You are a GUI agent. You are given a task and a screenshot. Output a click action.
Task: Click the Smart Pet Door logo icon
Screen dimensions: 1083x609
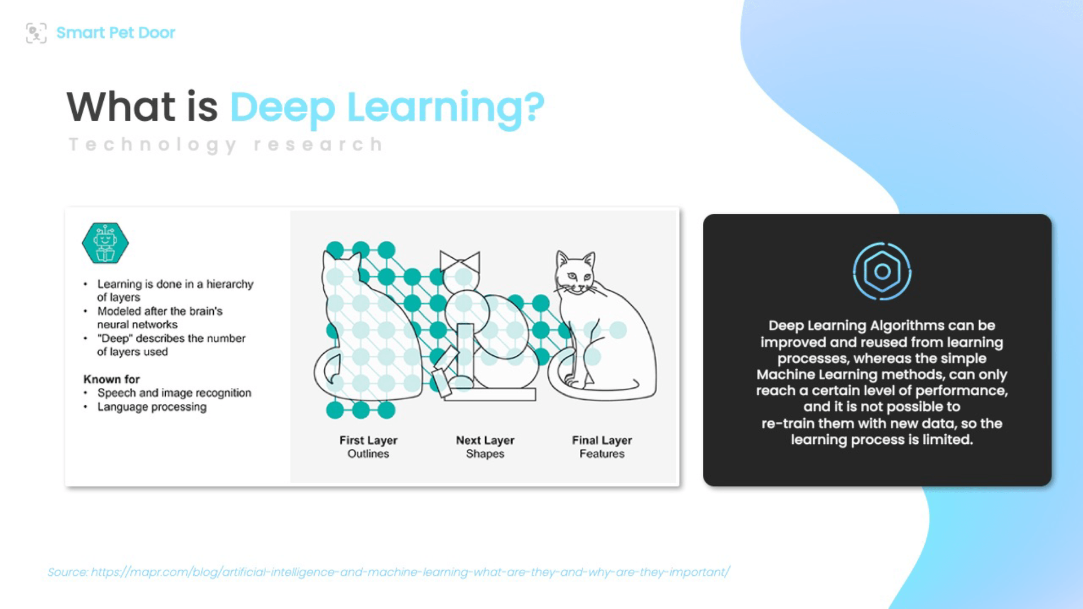click(36, 33)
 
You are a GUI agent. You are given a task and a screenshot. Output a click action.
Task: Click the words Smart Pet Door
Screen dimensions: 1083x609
click(116, 33)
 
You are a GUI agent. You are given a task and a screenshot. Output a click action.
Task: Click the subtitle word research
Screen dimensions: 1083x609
click(318, 144)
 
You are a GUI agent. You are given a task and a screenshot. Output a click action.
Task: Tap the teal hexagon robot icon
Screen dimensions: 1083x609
click(105, 243)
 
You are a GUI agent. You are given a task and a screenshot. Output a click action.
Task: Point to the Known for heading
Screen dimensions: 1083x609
click(112, 379)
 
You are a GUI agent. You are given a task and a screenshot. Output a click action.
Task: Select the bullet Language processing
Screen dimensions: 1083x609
click(152, 407)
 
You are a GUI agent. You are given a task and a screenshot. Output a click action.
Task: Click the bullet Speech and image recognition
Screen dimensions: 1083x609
click(174, 393)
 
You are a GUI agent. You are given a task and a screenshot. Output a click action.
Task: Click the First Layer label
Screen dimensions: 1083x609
click(368, 440)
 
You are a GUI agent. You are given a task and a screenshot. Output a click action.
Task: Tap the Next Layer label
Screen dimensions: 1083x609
click(485, 440)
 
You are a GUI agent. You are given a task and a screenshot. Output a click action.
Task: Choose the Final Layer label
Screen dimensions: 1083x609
click(602, 440)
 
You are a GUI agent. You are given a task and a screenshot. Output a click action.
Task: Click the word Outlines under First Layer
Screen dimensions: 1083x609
click(368, 454)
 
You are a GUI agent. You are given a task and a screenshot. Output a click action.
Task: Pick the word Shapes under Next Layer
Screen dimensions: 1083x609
click(485, 454)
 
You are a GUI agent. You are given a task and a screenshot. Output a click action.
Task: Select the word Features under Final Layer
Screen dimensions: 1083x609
click(602, 454)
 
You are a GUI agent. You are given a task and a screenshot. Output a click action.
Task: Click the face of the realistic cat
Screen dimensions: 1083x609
click(575, 275)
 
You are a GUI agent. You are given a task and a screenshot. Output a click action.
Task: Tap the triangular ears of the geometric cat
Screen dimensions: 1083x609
click(460, 261)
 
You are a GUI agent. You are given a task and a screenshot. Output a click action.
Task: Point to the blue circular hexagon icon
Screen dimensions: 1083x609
click(882, 271)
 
